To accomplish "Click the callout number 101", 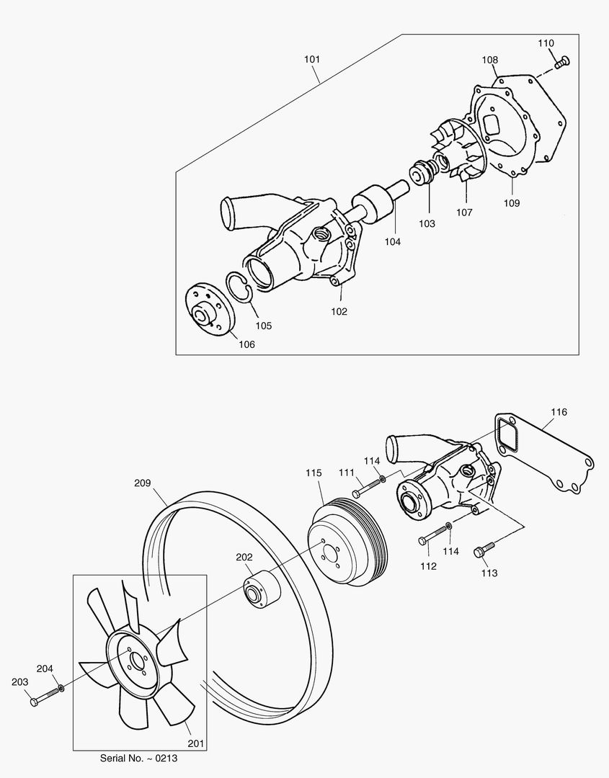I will [x=311, y=58].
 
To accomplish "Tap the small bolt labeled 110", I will [x=563, y=62].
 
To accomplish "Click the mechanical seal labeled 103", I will [x=421, y=174].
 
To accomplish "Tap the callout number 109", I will [x=511, y=203].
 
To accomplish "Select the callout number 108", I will [x=490, y=61].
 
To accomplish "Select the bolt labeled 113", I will [x=483, y=552].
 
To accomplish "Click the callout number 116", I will [x=559, y=412].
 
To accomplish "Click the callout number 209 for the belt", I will [x=142, y=483].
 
